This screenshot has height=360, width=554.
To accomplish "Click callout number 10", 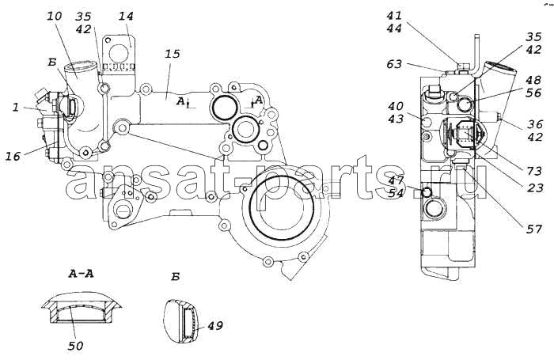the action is point(54,16).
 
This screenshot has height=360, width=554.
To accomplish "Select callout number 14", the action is point(126,17).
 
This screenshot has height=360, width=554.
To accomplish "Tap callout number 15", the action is point(172,54).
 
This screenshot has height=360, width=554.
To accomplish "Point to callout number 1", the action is point(16,107).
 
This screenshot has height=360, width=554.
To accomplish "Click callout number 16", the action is point(13,156).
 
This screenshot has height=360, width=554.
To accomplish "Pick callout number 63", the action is point(394,64).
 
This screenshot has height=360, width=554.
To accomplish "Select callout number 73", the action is point(533,171).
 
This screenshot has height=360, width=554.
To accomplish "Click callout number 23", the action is point(534,188).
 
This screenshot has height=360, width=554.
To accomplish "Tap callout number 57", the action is point(534,229).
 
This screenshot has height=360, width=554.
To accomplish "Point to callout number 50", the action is point(75,346).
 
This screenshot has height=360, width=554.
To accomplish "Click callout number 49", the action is point(214,325).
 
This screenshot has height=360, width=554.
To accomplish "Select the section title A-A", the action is point(81,273).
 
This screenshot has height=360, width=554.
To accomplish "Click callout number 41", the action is point(393,16).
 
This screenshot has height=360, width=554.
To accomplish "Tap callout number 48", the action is point(533,80).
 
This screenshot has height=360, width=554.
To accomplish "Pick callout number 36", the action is point(534,124).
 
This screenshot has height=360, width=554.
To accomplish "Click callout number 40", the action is point(396,106).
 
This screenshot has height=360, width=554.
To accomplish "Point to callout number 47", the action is point(396,180).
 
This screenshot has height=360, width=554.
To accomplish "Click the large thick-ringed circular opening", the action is point(282,203).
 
